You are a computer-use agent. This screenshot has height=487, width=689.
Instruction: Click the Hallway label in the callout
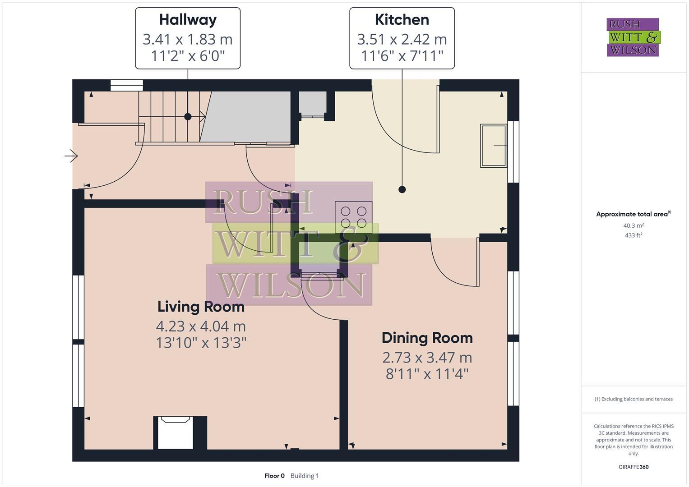click(x=188, y=20)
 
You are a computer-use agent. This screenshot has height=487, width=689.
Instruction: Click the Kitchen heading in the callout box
click(x=402, y=20)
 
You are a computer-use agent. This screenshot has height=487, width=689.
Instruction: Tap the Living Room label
click(x=201, y=307)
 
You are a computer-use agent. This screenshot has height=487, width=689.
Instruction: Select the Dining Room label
click(x=427, y=338)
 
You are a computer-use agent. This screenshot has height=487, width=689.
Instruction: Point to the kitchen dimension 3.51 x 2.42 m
click(x=402, y=39)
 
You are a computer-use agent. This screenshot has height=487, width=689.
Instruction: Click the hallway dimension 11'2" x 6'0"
click(x=188, y=56)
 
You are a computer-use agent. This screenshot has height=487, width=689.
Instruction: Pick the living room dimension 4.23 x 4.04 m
click(x=201, y=326)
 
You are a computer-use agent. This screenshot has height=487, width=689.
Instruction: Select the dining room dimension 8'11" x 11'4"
click(x=427, y=374)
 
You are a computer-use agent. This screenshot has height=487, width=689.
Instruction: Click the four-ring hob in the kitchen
click(x=353, y=217)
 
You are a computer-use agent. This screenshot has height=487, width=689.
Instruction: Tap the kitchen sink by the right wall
click(x=493, y=146)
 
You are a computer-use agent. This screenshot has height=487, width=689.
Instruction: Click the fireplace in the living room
click(x=176, y=432)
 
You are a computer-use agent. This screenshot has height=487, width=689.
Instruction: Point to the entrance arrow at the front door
click(x=71, y=156)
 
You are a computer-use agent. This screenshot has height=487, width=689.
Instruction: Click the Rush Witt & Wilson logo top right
click(x=633, y=37)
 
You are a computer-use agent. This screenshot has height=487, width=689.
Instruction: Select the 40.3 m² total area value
click(x=633, y=225)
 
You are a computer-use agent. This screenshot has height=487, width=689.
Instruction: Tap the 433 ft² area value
click(x=633, y=235)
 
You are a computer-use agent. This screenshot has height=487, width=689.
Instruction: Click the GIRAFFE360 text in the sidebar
click(x=633, y=467)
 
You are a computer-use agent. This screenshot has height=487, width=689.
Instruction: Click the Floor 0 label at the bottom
click(x=274, y=476)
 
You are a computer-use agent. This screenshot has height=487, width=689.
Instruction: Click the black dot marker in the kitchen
click(x=402, y=189)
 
